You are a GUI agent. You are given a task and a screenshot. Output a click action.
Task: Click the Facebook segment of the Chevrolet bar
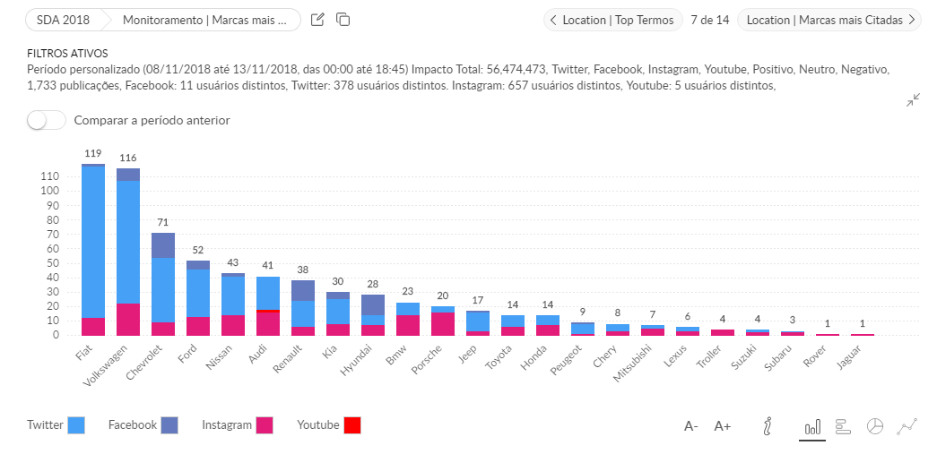coord(162,245)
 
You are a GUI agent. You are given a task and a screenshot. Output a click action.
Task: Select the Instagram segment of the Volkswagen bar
coord(128,320)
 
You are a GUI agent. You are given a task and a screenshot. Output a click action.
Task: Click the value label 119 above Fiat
coord(93,154)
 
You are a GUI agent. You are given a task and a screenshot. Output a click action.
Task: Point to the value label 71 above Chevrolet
coord(162,222)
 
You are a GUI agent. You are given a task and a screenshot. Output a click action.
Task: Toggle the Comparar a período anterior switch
coord(47,120)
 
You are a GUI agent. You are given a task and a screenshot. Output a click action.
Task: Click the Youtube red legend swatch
coord(351,425)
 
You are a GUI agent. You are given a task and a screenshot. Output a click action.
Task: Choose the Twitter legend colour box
coord(76,425)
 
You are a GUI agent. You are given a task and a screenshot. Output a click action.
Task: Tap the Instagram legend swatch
coord(264,425)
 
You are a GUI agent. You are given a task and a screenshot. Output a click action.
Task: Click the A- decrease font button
coord(691,426)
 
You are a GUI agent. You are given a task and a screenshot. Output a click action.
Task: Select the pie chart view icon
coord(875,426)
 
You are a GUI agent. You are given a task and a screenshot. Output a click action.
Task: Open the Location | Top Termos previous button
coord(612,20)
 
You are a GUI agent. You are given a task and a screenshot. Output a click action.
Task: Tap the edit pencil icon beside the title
coord(317,20)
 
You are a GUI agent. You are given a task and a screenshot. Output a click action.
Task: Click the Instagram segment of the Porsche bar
coord(443,324)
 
